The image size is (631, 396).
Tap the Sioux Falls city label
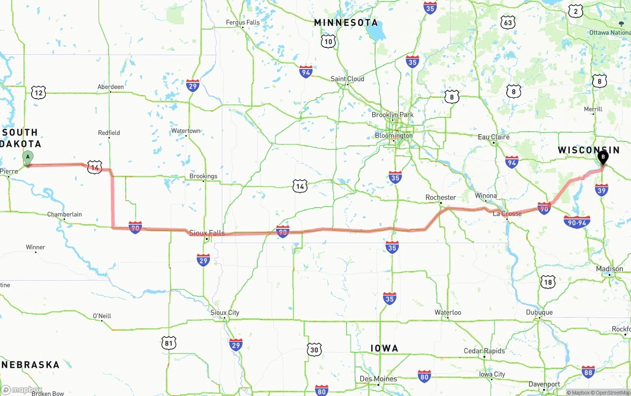(x=207, y=233)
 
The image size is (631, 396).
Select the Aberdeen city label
(x=110, y=87)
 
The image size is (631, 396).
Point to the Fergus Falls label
(x=243, y=22)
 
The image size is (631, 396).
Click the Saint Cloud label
(x=347, y=79)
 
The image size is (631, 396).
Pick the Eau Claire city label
(x=493, y=137)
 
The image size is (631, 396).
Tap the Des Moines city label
(x=378, y=379)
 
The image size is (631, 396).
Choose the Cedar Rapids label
(x=484, y=351)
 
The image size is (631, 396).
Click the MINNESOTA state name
(x=346, y=23)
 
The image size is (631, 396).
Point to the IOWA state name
(x=384, y=349)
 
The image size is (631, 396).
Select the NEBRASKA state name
(x=31, y=365)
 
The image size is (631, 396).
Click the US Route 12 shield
(x=38, y=92)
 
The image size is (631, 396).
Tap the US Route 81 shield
(x=169, y=343)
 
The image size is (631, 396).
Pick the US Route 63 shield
(x=507, y=22)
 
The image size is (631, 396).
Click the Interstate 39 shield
(x=601, y=189)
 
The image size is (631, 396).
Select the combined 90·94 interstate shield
(x=577, y=222)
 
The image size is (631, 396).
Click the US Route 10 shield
(x=328, y=41)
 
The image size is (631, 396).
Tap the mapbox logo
(x=22, y=390)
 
